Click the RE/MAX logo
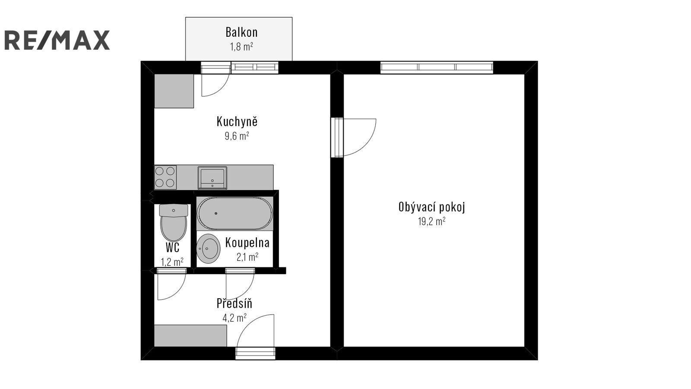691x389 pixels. click(57, 40)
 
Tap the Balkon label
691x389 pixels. click(241, 32)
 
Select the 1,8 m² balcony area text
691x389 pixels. click(241, 47)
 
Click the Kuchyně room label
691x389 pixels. click(237, 121)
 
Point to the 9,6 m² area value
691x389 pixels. click(237, 136)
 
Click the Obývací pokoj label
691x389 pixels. click(431, 207)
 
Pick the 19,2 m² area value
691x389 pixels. click(431, 221)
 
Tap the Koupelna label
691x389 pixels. click(247, 242)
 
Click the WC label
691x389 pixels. click(173, 247)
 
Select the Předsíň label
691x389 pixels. click(235, 303)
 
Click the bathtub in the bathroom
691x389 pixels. click(235, 214)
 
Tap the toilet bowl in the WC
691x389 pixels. click(173, 223)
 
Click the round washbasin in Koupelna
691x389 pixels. click(208, 249)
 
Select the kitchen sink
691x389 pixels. click(212, 178)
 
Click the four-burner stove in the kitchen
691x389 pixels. click(165, 177)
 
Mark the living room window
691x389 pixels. click(437, 67)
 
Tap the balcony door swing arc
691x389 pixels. click(222, 89)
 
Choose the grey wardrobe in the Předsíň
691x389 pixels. click(190, 335)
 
